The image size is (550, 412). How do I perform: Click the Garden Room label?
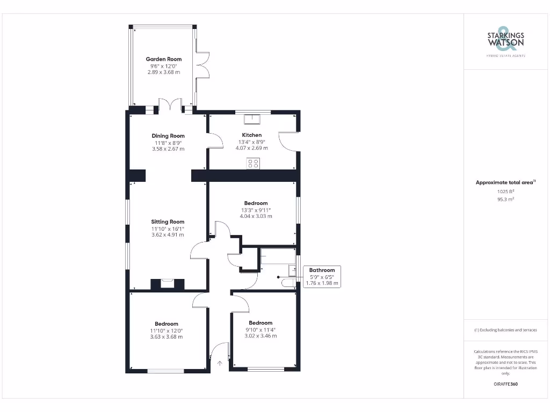164,59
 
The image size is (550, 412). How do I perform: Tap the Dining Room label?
168,136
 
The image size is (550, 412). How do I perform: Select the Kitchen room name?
252,135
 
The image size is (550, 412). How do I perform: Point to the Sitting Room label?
168,222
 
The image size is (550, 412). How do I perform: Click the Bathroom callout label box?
322,276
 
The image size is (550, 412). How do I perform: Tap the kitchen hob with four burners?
253,163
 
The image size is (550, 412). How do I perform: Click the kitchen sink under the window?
251,119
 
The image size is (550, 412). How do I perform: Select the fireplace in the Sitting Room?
168,283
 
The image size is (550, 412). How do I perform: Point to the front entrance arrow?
220,363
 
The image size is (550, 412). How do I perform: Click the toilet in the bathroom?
288,283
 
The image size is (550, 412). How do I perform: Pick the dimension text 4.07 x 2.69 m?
253,148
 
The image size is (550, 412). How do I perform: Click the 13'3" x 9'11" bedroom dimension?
256,210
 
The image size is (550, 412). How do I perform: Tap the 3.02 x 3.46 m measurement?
260,336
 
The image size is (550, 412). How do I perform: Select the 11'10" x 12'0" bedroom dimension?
167,330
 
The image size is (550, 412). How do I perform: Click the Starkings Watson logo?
505,40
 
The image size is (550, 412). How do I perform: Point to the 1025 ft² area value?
505,191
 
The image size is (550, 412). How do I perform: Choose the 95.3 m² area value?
505,199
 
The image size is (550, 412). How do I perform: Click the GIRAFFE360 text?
505,384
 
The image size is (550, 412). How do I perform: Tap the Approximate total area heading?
505,182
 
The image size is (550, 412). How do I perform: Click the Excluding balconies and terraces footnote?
505,330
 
